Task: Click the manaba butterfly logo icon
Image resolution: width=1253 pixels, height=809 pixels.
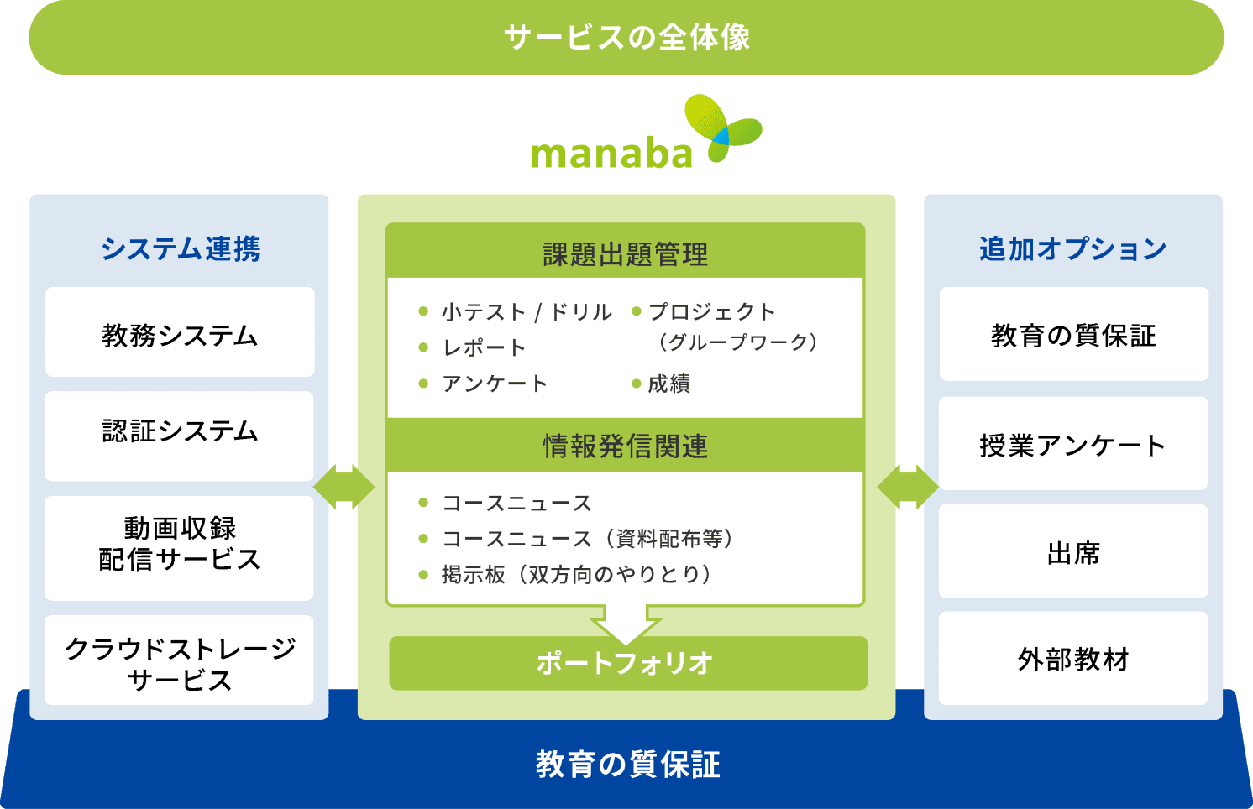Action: [723, 128]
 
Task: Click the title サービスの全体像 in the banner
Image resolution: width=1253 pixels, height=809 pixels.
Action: [626, 38]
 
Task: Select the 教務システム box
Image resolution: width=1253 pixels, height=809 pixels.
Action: [180, 332]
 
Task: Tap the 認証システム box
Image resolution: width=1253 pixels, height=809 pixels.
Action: [179, 436]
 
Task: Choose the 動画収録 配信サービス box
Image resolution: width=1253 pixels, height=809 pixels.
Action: [179, 548]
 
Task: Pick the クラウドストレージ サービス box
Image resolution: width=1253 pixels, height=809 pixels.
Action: [179, 660]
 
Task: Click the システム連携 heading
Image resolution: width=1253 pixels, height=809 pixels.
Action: [180, 248]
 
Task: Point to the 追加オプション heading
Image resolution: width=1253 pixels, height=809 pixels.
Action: [1073, 248]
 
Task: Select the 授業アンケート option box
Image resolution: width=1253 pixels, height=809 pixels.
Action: [1073, 443]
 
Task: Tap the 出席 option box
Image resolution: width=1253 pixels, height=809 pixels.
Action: [1073, 551]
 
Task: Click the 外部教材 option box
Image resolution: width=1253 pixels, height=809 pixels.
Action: [1073, 659]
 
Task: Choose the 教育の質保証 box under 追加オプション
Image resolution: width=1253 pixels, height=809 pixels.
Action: [1074, 334]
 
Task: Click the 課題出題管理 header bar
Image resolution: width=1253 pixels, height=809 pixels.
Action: [626, 251]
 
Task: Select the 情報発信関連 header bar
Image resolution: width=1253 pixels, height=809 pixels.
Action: [626, 445]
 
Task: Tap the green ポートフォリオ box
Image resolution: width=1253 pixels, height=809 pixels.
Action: [628, 664]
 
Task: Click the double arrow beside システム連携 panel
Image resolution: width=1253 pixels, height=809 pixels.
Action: [343, 487]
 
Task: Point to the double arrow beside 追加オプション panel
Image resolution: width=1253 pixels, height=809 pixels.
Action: [908, 487]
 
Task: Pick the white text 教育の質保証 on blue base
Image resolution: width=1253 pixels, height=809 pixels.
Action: [627, 765]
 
